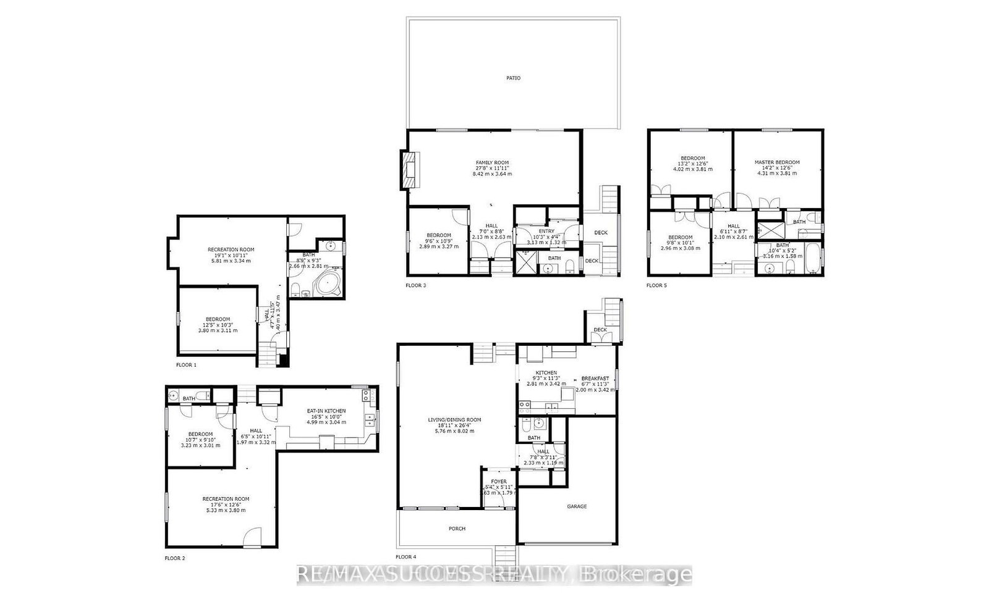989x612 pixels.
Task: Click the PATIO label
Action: click(x=513, y=78)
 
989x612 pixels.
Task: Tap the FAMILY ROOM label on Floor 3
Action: click(x=492, y=162)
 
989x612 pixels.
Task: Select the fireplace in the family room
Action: click(x=409, y=171)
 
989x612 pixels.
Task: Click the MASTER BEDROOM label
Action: click(x=777, y=162)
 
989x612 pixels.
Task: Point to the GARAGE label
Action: click(x=577, y=506)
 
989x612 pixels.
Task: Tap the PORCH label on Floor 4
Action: click(x=457, y=529)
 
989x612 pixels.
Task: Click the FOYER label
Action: click(x=499, y=482)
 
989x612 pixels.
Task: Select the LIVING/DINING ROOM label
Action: click(x=454, y=420)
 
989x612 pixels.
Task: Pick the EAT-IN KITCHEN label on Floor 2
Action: click(x=326, y=411)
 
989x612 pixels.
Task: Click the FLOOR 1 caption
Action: click(x=186, y=365)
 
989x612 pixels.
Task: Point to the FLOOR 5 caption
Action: click(x=656, y=285)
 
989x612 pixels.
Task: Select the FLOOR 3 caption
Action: click(x=415, y=285)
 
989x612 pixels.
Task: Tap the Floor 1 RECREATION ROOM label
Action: click(x=231, y=249)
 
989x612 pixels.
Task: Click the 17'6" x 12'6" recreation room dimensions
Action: click(x=226, y=505)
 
